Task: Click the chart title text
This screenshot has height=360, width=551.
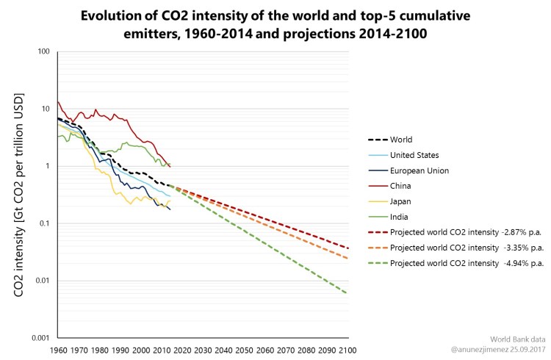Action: coord(275,24)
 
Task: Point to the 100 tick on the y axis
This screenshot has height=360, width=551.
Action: coord(43,52)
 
